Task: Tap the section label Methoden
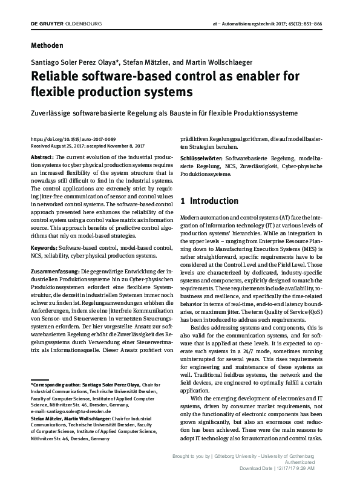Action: (x=46, y=45)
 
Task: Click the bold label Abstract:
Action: (x=43, y=157)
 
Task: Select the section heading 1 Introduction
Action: (x=209, y=201)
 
